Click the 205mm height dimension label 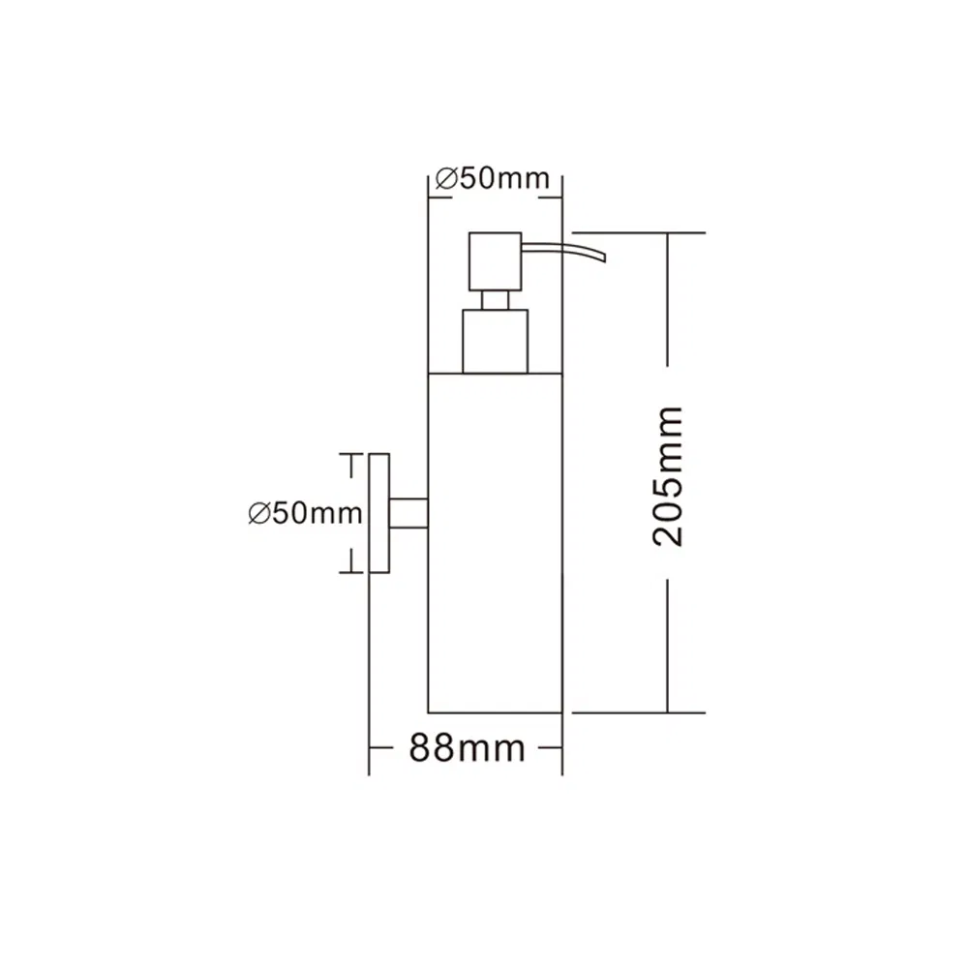pyautogui.click(x=668, y=476)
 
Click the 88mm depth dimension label pyautogui.click(x=467, y=748)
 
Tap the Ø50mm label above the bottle pyautogui.click(x=492, y=179)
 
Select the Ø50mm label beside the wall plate pyautogui.click(x=305, y=513)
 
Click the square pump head pyautogui.click(x=495, y=261)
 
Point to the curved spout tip pyautogui.click(x=604, y=255)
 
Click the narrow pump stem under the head pyautogui.click(x=495, y=300)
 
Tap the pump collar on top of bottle pyautogui.click(x=495, y=342)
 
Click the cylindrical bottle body pyautogui.click(x=495, y=543)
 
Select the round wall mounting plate pyautogui.click(x=379, y=513)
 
